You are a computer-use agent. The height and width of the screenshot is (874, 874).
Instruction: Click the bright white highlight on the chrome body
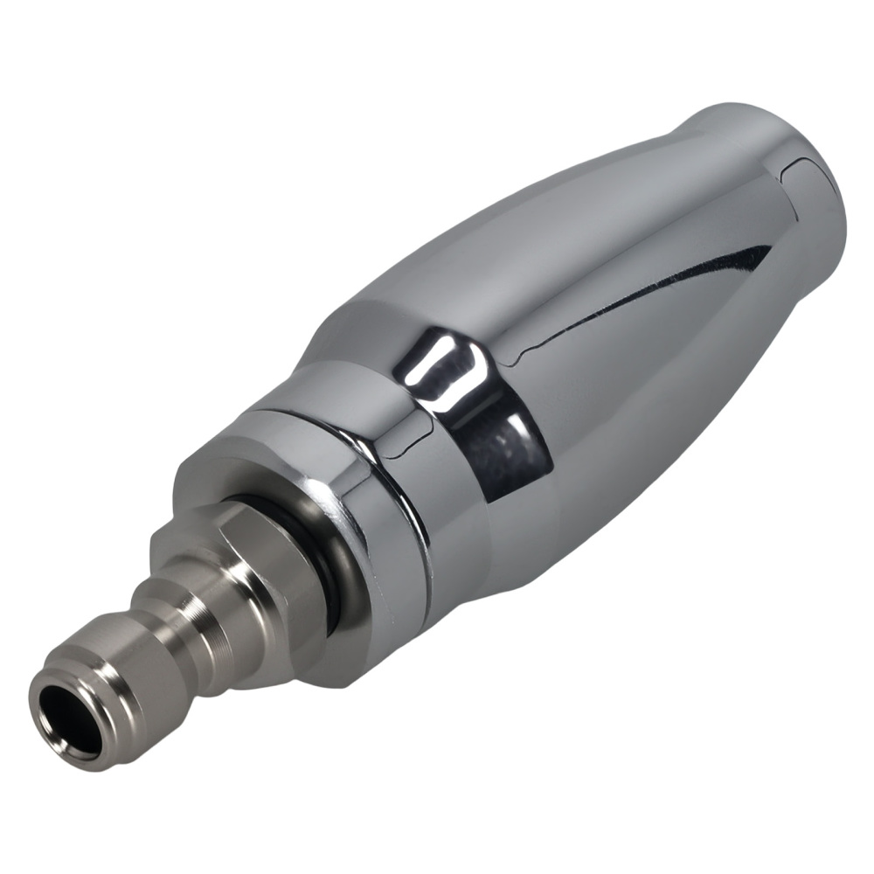[x=450, y=371]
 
